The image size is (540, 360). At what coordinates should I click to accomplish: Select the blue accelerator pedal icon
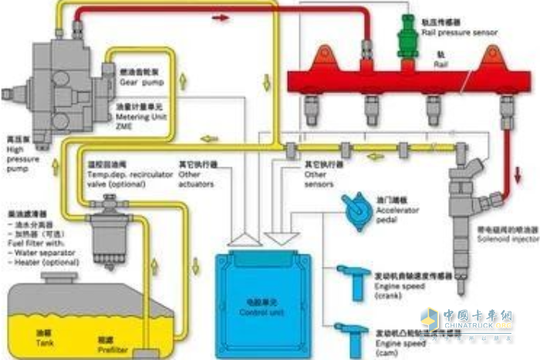tap(356, 210)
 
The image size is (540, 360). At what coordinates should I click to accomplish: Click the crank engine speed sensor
tap(356, 281)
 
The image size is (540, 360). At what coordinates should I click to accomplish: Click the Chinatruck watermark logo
tap(466, 323)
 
